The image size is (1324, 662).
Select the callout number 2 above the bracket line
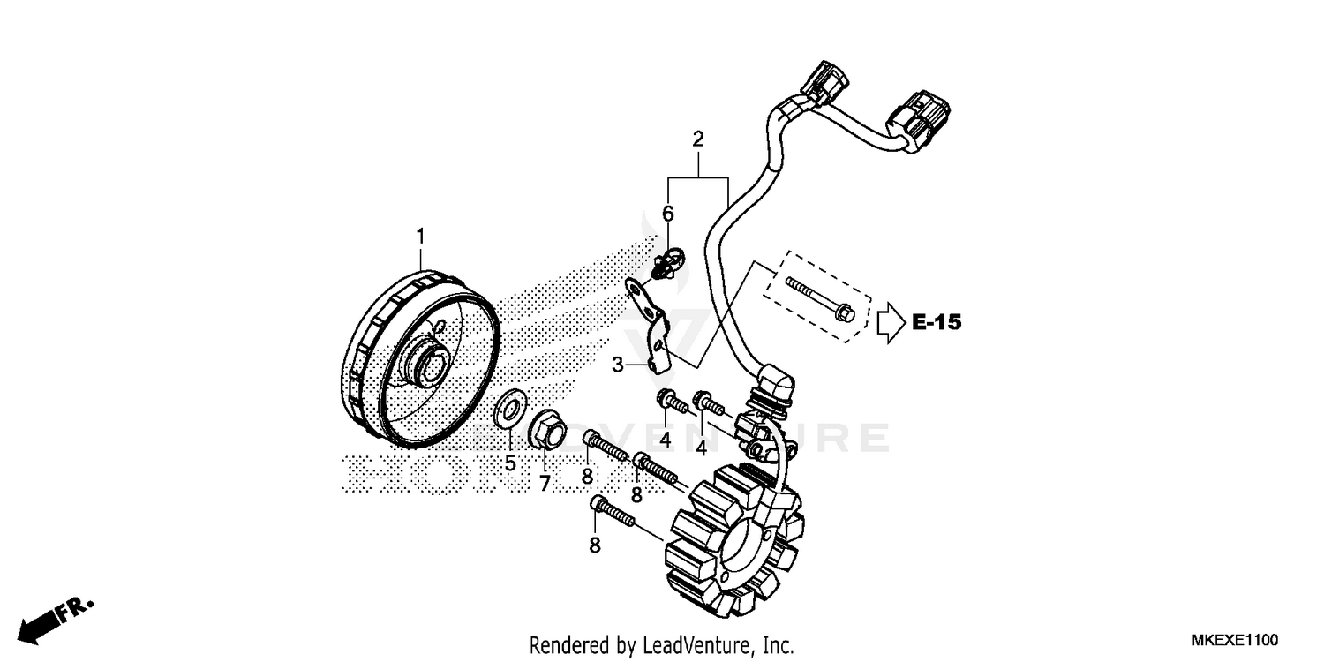coord(698,139)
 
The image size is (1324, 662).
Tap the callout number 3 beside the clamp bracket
coord(618,364)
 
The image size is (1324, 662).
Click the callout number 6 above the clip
coord(668,214)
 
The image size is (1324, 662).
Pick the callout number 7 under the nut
coord(545,483)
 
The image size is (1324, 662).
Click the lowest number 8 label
coord(595,545)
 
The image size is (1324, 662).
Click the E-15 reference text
coord(936,323)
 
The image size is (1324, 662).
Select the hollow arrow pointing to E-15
coord(890,323)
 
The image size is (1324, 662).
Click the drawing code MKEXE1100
coord(1234,639)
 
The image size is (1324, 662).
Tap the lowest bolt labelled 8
coord(613,511)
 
